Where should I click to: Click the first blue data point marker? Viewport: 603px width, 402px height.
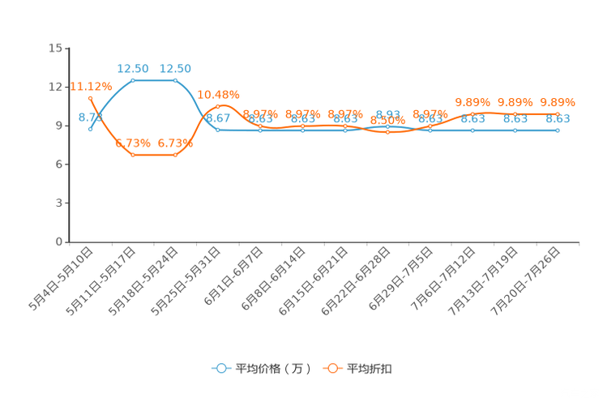click(x=91, y=128)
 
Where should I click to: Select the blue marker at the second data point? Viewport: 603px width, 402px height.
click(x=132, y=79)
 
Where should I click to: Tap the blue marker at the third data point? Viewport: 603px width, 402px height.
click(x=175, y=79)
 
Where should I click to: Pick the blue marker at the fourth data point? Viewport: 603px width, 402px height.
click(x=217, y=130)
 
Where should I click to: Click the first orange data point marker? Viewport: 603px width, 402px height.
click(x=91, y=98)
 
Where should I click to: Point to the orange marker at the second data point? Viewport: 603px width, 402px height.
click(x=132, y=155)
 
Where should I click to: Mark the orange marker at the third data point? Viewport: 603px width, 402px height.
click(x=175, y=155)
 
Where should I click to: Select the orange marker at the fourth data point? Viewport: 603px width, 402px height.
click(x=217, y=107)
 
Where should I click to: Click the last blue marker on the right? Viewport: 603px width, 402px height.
click(x=558, y=130)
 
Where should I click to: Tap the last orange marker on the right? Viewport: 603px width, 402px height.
click(x=558, y=113)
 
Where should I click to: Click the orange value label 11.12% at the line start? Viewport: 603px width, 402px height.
click(x=91, y=86)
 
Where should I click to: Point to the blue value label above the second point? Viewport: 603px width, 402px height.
click(x=132, y=68)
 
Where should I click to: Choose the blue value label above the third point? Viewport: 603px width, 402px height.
click(x=176, y=68)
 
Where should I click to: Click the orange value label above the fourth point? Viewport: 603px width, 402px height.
click(x=218, y=93)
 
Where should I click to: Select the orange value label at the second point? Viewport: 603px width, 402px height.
click(x=132, y=143)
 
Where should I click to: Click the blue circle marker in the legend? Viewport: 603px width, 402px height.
click(x=220, y=368)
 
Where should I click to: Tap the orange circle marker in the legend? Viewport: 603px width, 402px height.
click(x=332, y=368)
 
